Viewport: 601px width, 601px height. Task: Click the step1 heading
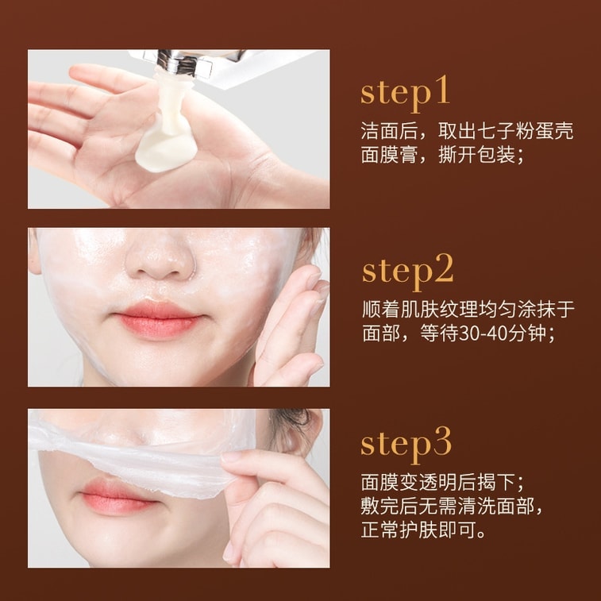tap(405, 92)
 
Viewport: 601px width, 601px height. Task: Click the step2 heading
tap(407, 271)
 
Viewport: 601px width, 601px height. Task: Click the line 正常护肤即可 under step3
tap(421, 530)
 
